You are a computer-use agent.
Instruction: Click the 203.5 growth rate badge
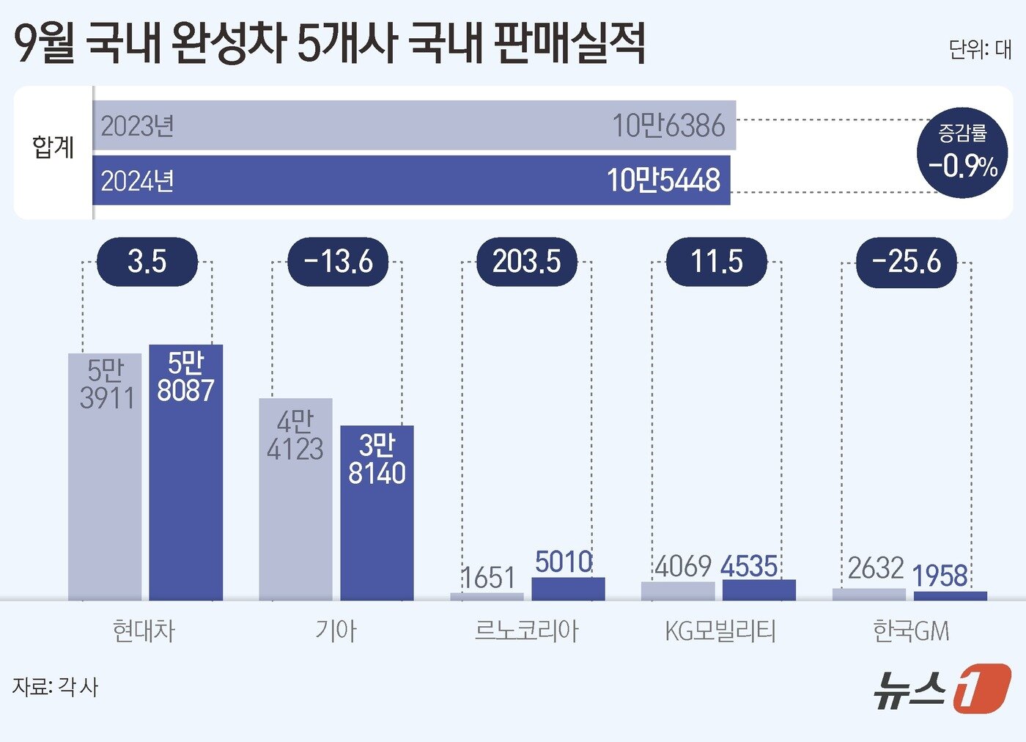click(x=526, y=262)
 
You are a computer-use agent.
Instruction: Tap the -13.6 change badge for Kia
click(x=337, y=262)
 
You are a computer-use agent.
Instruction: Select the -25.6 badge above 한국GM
click(x=906, y=262)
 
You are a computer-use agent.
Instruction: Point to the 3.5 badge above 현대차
click(x=147, y=262)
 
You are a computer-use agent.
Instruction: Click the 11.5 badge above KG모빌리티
click(x=716, y=262)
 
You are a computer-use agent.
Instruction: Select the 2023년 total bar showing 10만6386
click(x=414, y=125)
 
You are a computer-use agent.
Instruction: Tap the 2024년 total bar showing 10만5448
click(x=411, y=180)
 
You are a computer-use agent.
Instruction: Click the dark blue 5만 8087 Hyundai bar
click(x=186, y=472)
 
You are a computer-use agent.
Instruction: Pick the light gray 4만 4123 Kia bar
click(x=295, y=499)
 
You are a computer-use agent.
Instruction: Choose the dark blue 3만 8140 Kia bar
click(x=377, y=513)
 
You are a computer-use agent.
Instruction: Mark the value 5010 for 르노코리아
click(x=563, y=562)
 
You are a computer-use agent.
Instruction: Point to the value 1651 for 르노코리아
click(x=488, y=578)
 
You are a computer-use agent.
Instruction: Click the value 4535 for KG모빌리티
click(x=748, y=567)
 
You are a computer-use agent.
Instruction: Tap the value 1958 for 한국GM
click(x=940, y=576)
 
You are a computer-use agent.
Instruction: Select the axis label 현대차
click(x=144, y=631)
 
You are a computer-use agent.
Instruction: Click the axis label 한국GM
click(x=910, y=631)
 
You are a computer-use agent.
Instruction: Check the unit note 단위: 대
click(x=979, y=49)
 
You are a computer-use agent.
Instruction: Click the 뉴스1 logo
click(x=941, y=688)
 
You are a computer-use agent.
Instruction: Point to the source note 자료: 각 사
click(x=55, y=687)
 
